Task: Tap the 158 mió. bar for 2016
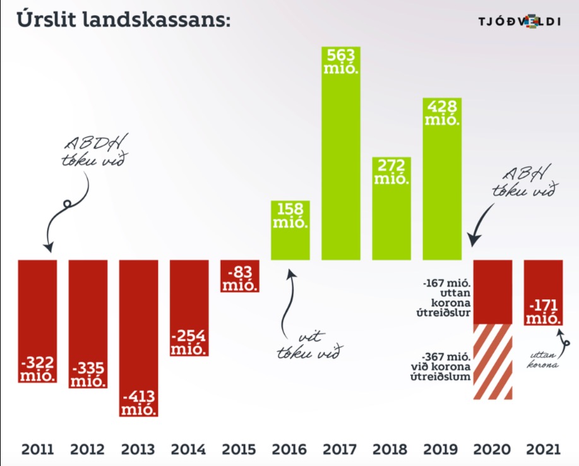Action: pyautogui.click(x=290, y=230)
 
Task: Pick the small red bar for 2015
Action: pyautogui.click(x=240, y=276)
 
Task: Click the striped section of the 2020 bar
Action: pyautogui.click(x=492, y=362)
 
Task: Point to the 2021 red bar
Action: pyautogui.click(x=543, y=292)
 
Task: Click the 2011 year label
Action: pyautogui.click(x=38, y=450)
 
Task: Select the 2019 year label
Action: pyautogui.click(x=442, y=450)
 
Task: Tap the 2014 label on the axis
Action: pyautogui.click(x=189, y=450)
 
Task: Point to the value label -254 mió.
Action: pyautogui.click(x=189, y=342)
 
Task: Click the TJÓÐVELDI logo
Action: pyautogui.click(x=519, y=21)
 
